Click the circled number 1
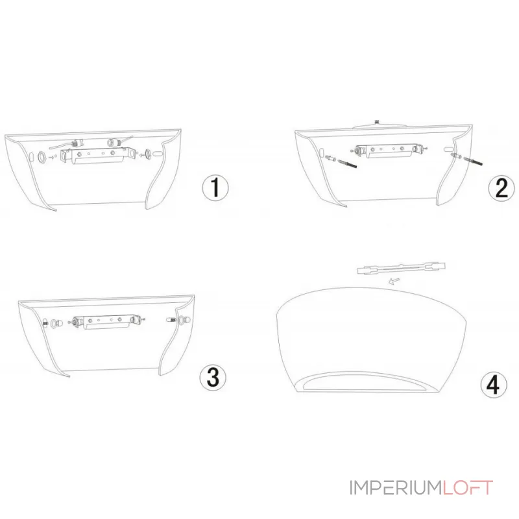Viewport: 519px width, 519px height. pos(215,187)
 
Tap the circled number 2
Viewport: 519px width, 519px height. pos(501,187)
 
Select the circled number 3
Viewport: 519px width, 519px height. pos(213,378)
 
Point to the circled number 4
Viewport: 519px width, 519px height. pos(494,385)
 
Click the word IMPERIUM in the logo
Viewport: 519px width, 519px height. pos(396,488)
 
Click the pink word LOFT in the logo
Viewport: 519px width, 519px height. pos(468,488)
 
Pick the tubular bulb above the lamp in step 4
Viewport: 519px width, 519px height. pos(402,268)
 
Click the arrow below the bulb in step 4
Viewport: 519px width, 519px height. pos(394,282)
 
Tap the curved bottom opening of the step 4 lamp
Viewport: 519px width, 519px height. pos(364,382)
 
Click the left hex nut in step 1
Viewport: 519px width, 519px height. pos(43,156)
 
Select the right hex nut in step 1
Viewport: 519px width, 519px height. pos(148,154)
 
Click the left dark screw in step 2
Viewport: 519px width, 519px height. pos(347,163)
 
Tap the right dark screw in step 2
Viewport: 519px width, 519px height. pos(474,161)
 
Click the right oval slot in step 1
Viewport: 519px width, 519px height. pos(158,154)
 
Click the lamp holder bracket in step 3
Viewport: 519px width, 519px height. pos(106,322)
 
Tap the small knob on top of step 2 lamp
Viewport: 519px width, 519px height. pos(376,122)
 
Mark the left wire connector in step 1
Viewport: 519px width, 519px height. pos(76,144)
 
